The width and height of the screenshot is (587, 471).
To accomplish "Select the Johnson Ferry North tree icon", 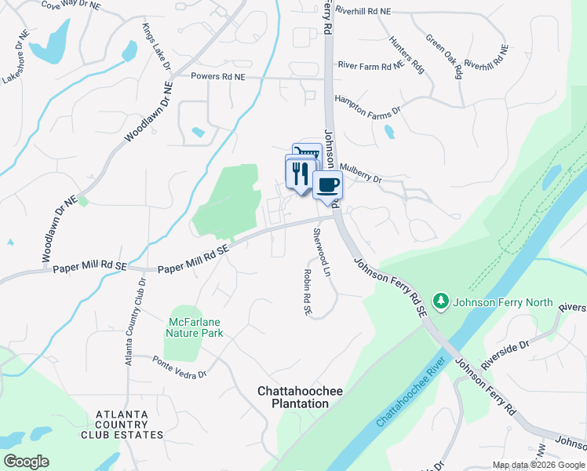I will point(441,302).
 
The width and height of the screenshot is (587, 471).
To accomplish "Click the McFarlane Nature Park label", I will point(195,327).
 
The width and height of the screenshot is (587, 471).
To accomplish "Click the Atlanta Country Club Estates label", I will point(129,424).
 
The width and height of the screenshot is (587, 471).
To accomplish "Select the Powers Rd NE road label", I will point(218,77).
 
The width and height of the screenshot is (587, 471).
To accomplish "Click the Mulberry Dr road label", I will point(361,173).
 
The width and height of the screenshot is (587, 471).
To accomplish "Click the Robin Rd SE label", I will point(308,292).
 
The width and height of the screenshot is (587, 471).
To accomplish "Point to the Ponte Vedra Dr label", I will point(179,367).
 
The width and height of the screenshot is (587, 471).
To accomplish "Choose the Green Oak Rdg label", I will point(443,56).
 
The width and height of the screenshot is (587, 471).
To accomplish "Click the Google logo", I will point(26,462).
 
